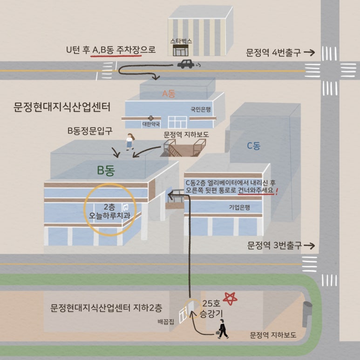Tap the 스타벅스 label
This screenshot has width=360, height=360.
(x=181, y=41)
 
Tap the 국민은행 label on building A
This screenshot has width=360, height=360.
(x=201, y=110)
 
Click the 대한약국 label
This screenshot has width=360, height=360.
(x=151, y=124)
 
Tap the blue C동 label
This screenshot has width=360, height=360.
(x=253, y=146)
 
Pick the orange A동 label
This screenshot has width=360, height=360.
(x=168, y=94)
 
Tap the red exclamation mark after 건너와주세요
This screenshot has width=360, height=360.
(x=277, y=191)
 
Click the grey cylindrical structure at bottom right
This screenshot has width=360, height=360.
(x=307, y=313)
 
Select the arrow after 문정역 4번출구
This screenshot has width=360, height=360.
(x=309, y=53)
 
